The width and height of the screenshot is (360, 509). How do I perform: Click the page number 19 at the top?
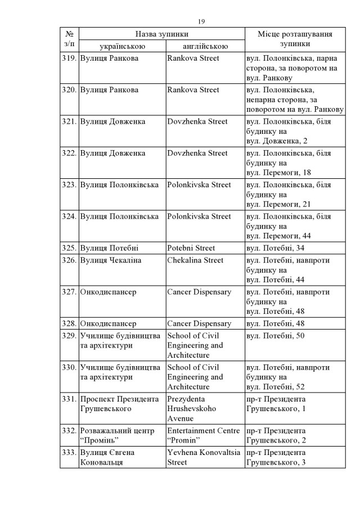point(201,21)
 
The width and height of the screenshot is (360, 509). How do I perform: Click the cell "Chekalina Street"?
point(195,260)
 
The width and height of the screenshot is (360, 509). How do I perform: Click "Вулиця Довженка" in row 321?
point(113,121)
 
